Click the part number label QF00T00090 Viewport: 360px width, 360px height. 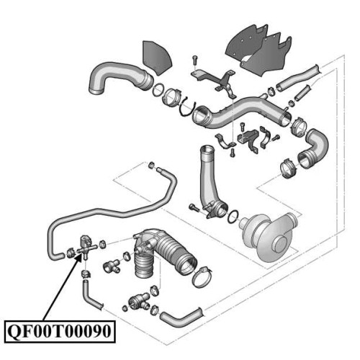click(x=60, y=331)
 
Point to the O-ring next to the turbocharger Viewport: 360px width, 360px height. click(x=233, y=216)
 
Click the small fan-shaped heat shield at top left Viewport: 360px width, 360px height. click(x=157, y=58)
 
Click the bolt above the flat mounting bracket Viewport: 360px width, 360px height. click(x=194, y=60)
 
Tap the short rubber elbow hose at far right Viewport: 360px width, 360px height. click(x=314, y=148)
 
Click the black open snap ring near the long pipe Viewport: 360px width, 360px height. click(x=188, y=109)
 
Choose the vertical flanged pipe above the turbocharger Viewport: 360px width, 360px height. click(x=211, y=182)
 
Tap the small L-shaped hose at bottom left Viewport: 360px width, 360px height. click(x=91, y=296)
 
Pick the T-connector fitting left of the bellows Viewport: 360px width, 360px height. click(x=112, y=266)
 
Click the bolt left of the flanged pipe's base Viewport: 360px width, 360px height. click(x=194, y=207)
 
